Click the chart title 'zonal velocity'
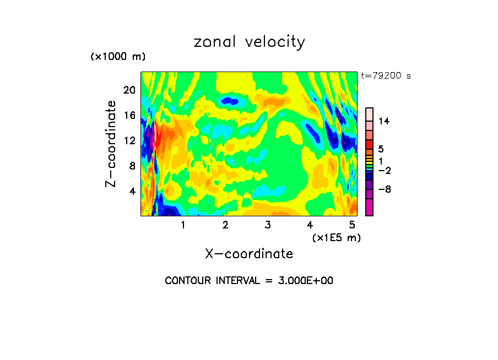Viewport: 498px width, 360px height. click(x=249, y=42)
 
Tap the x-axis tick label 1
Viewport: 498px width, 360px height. click(x=183, y=225)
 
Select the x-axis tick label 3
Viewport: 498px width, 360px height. click(x=268, y=225)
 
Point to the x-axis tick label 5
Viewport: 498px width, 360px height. click(x=353, y=225)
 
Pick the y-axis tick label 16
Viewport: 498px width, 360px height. click(x=129, y=115)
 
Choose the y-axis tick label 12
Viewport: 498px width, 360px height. click(x=129, y=140)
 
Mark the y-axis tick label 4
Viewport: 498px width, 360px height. click(x=132, y=191)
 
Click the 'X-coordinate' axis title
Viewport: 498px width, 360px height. click(x=249, y=254)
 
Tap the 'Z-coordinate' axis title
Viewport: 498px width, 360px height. click(x=111, y=144)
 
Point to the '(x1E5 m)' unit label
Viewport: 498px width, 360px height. click(x=337, y=237)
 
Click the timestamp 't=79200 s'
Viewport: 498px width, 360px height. click(x=386, y=76)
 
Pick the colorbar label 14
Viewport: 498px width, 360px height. click(x=385, y=121)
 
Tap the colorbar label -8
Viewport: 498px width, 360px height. click(x=385, y=189)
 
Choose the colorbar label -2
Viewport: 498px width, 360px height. click(x=385, y=171)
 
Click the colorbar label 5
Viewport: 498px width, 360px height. click(x=381, y=149)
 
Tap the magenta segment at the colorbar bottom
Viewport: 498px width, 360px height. click(x=369, y=208)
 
